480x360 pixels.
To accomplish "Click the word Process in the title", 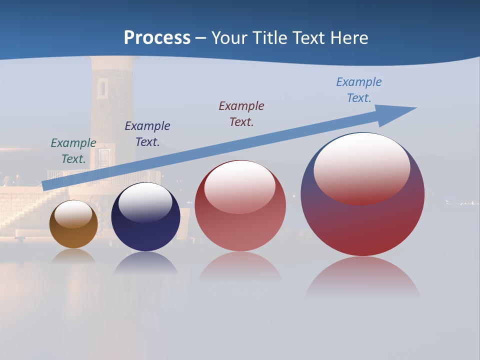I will coord(157,38).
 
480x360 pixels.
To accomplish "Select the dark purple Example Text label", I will coord(147,134).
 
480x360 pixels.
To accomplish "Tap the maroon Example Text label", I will coord(241,113).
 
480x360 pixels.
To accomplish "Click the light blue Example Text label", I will coord(359,90).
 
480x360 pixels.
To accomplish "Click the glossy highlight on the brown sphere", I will coord(73,214).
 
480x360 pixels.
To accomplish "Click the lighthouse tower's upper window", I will coord(103,87).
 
